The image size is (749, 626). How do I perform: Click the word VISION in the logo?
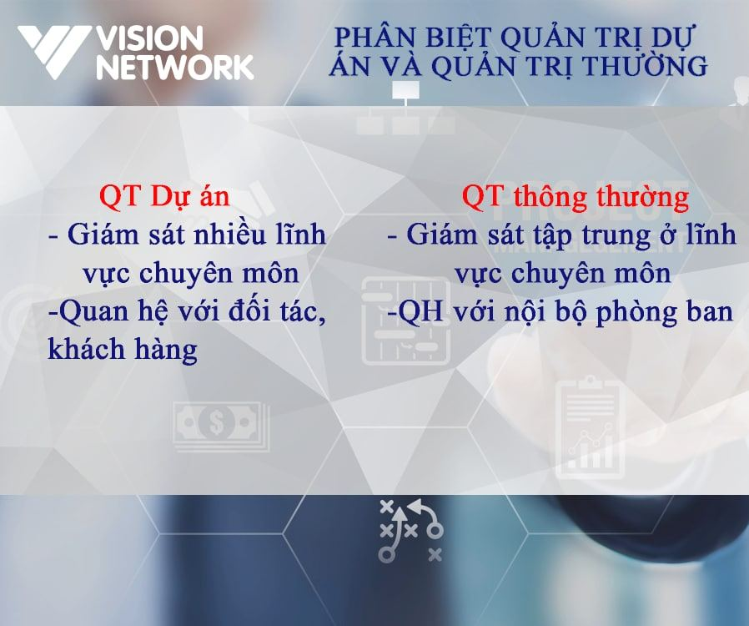[x=149, y=38]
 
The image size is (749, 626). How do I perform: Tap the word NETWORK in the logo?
[x=175, y=67]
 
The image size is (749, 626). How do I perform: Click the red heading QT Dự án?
[x=164, y=196]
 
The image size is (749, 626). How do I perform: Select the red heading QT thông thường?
[x=576, y=196]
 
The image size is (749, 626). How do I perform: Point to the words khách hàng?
[x=123, y=350]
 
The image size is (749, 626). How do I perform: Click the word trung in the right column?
[x=616, y=235]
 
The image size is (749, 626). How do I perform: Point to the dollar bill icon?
[x=221, y=427]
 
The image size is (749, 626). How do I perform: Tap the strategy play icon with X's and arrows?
[x=411, y=531]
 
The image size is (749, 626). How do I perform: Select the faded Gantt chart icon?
[x=406, y=321]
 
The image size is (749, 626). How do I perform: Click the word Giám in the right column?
[x=441, y=235]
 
